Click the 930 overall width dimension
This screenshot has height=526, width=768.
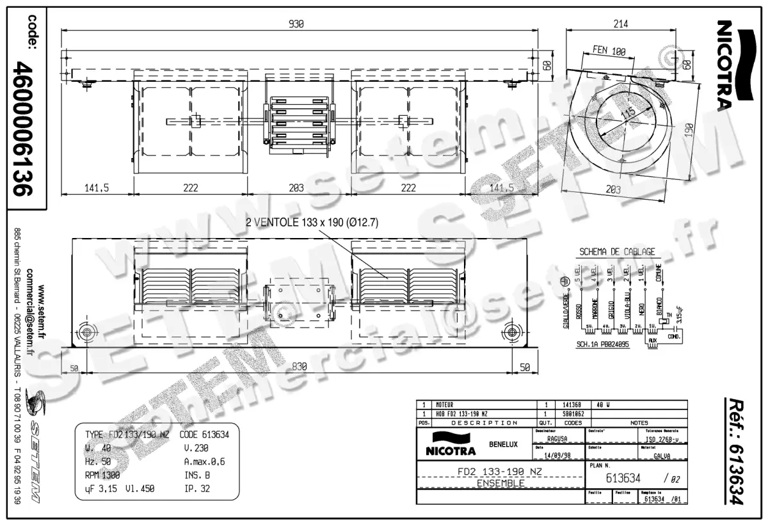295,24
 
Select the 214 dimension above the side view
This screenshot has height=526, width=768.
620,24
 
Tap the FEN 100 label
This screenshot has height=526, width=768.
609,51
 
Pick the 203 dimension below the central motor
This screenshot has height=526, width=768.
296,188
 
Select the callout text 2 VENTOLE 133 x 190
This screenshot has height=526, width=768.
312,223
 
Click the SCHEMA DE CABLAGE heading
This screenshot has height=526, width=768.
616,251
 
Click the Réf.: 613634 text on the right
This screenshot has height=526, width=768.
734,451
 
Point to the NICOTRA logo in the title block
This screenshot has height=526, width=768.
447,444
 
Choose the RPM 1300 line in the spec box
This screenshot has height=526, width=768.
102,475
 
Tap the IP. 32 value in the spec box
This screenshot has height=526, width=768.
197,488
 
